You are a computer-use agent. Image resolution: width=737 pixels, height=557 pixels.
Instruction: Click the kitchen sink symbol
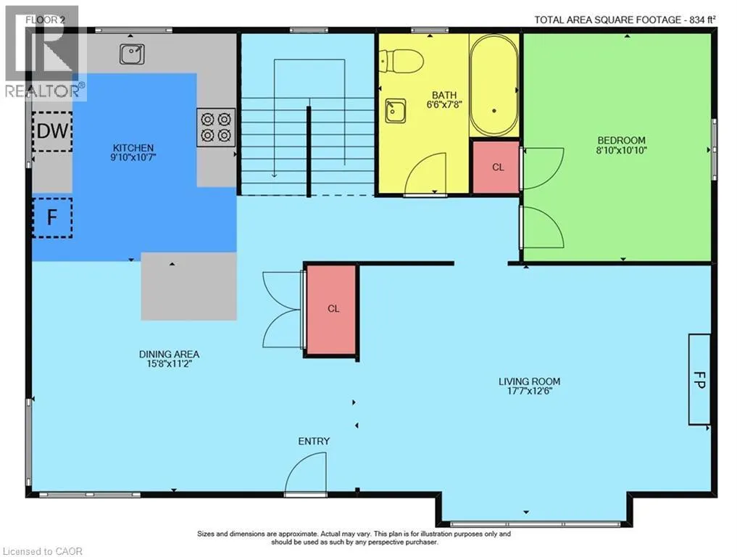132,54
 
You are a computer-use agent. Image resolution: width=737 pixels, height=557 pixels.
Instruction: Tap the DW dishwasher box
52,131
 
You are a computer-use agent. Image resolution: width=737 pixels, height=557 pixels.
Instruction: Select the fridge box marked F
52,218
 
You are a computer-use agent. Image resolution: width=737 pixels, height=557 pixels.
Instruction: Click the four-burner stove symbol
216,128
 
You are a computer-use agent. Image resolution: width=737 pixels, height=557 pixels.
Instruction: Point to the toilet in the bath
401,62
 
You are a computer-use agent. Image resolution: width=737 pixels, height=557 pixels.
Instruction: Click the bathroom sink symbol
396,111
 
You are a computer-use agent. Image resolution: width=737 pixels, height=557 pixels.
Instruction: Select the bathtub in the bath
494,86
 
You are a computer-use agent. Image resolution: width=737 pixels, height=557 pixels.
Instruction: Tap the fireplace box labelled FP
699,379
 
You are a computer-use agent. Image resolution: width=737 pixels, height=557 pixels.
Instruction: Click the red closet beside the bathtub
496,167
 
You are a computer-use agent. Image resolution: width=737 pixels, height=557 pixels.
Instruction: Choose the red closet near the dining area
332,309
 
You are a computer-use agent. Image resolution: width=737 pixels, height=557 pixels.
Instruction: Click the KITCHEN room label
133,148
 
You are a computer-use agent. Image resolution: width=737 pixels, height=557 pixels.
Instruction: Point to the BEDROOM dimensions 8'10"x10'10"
621,151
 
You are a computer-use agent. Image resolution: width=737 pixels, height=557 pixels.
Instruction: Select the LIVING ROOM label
529,381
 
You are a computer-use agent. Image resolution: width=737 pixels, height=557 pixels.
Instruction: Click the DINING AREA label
169,354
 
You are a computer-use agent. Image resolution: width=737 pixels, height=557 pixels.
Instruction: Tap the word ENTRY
314,441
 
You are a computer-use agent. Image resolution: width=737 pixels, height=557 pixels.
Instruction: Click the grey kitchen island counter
189,286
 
